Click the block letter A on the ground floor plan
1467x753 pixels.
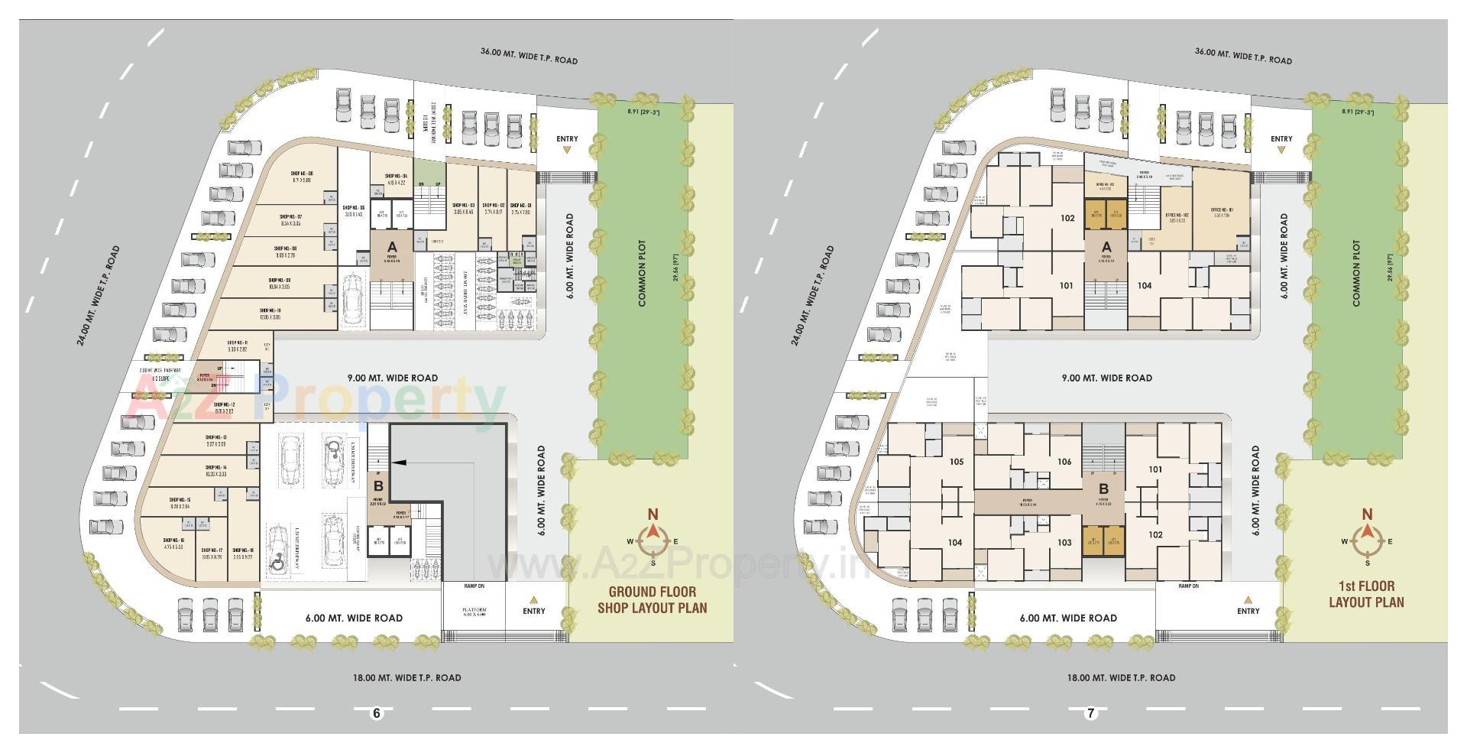click(x=392, y=247)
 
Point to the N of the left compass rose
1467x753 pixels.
click(x=653, y=514)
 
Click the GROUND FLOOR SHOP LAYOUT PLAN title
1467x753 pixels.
click(x=652, y=600)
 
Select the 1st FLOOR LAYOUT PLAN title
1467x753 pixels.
click(x=1366, y=594)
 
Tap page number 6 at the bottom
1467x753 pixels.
click(x=376, y=713)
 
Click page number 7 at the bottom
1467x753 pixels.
click(x=1090, y=713)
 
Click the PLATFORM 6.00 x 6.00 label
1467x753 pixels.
click(x=474, y=613)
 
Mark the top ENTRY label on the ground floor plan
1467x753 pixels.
click(x=567, y=139)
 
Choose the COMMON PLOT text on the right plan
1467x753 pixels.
click(x=1356, y=274)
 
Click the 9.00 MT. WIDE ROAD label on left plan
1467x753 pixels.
click(x=393, y=378)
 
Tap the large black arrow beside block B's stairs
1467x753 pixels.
click(x=402, y=462)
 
